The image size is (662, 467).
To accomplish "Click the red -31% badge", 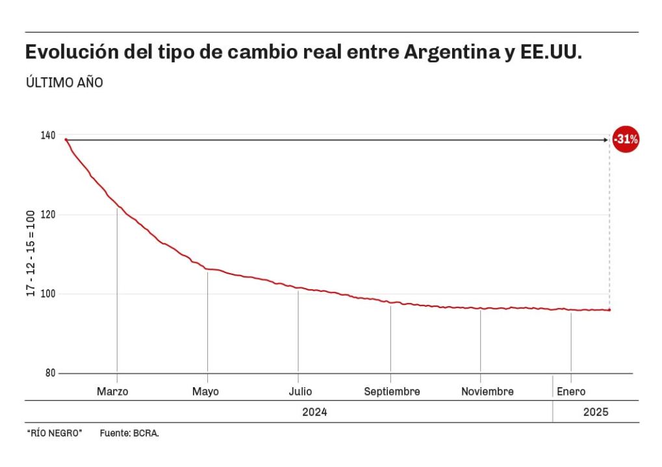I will click(626, 139).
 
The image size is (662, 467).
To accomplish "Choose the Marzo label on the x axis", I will click(112, 392).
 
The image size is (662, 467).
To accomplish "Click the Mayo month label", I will click(205, 392).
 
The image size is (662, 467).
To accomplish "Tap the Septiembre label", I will click(392, 392).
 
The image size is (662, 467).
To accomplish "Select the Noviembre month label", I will click(487, 392).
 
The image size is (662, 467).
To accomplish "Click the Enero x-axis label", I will click(571, 392).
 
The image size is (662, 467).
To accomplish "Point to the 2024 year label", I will click(314, 412).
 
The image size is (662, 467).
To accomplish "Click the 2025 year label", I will click(596, 412).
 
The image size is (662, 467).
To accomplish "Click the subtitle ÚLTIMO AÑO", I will click(64, 83).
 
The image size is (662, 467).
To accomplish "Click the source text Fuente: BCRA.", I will click(129, 433).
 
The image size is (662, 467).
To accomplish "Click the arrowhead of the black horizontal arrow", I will click(605, 139).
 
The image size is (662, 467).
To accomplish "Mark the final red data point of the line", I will click(609, 310).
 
